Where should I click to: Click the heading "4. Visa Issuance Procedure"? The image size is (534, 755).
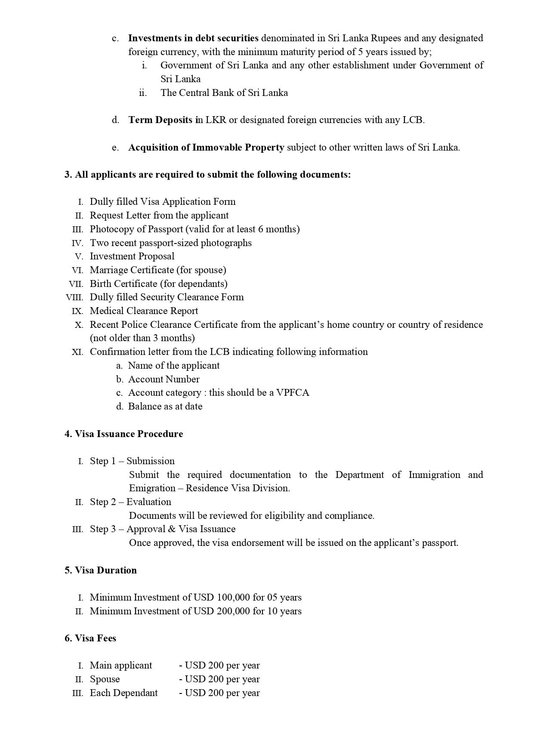click(123, 434)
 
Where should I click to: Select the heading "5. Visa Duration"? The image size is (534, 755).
click(100, 570)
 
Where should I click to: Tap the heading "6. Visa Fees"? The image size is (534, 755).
click(90, 638)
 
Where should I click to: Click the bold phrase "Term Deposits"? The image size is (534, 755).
click(160, 120)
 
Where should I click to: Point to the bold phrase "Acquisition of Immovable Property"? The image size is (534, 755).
click(206, 148)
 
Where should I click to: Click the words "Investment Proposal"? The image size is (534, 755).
click(132, 256)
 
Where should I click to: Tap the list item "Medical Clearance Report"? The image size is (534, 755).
click(144, 311)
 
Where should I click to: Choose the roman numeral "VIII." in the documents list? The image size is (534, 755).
click(74, 298)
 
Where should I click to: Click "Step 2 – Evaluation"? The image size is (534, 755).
click(130, 502)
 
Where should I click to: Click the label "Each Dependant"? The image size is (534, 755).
click(123, 693)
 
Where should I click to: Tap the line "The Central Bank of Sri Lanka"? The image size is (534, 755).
click(224, 93)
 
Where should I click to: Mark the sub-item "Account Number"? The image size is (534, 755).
click(164, 379)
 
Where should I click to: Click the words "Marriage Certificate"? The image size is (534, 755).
click(132, 270)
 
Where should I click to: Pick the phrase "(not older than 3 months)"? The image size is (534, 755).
click(142, 338)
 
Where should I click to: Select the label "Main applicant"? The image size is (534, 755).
click(121, 666)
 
